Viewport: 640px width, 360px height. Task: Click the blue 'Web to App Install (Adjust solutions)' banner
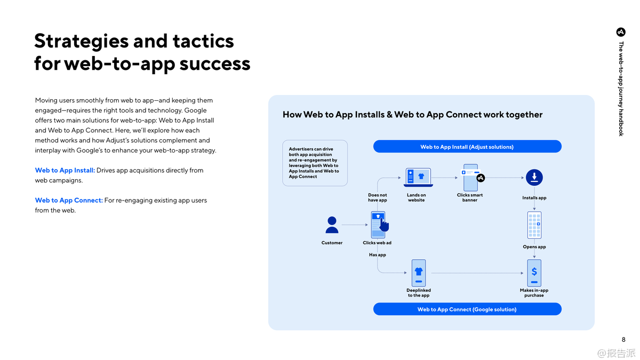click(x=467, y=147)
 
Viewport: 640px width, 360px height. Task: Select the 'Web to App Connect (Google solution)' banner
click(x=467, y=309)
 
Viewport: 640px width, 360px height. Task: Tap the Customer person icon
click(x=332, y=225)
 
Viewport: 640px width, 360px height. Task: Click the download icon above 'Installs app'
click(x=534, y=178)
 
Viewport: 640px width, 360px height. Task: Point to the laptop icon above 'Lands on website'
click(x=418, y=178)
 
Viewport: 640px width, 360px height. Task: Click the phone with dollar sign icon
click(x=534, y=273)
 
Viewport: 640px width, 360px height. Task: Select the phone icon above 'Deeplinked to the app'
click(x=419, y=273)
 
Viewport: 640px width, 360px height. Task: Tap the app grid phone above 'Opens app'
click(x=534, y=225)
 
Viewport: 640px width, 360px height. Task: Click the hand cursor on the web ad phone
click(x=385, y=225)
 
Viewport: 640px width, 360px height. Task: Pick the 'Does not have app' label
click(x=378, y=197)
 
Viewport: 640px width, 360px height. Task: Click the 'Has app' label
click(x=378, y=254)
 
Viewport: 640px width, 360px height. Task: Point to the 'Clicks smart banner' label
click(x=470, y=197)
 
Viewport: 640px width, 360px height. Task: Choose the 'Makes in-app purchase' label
click(x=534, y=293)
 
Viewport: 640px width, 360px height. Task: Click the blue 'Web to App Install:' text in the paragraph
click(x=65, y=170)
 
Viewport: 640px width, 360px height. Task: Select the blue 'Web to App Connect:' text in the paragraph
click(x=69, y=201)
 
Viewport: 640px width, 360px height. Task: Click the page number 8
click(x=623, y=339)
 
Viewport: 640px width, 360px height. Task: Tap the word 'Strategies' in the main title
click(x=81, y=42)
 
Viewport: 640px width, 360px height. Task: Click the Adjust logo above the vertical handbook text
click(x=621, y=32)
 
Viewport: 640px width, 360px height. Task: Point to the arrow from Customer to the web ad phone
click(x=355, y=225)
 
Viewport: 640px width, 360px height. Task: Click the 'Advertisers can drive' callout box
click(x=315, y=163)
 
